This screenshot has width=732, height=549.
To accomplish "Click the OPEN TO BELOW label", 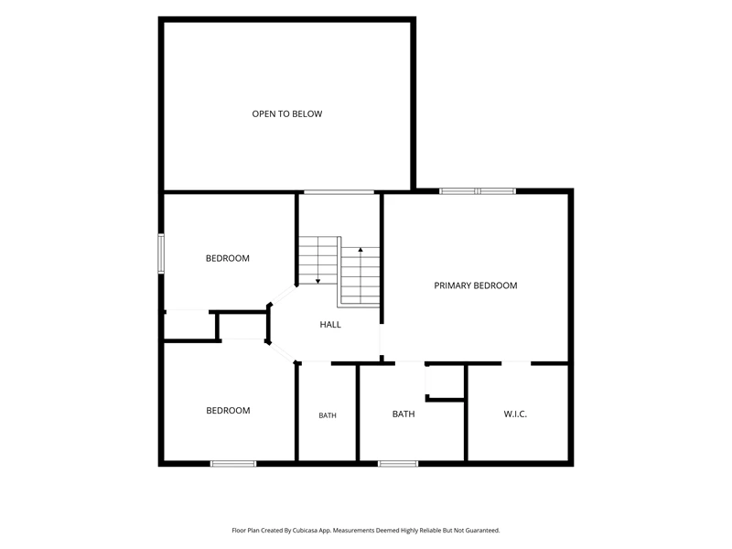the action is (x=287, y=113).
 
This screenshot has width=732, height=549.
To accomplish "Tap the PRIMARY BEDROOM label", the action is (x=476, y=285).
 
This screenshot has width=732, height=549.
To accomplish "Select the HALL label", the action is (x=330, y=325).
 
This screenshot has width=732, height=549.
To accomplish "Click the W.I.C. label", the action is (x=515, y=414).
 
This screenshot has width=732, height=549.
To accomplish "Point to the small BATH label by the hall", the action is (x=328, y=415).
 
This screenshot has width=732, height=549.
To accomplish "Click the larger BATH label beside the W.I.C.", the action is (x=404, y=414).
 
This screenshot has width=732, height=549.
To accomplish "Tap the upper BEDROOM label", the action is (x=228, y=259).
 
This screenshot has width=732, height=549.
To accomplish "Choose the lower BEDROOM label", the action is (x=228, y=411).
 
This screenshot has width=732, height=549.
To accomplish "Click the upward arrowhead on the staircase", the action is (x=361, y=250).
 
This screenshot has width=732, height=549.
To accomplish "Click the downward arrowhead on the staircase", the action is (x=318, y=281).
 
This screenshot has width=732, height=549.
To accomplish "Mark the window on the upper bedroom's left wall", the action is (x=161, y=253).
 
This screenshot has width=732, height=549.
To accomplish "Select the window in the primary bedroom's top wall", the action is (x=478, y=191).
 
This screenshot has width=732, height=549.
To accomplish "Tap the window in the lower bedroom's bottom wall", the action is (x=233, y=464).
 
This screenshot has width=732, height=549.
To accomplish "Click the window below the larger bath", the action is (x=398, y=464).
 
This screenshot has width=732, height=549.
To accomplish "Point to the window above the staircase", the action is (x=339, y=192).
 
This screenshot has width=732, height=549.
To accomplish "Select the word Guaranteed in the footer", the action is (x=482, y=531).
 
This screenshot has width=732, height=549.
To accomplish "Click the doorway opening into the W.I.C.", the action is (x=516, y=362).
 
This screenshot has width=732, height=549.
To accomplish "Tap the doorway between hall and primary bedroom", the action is (x=382, y=339).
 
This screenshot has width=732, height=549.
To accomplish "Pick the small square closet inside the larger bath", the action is (x=445, y=382).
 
